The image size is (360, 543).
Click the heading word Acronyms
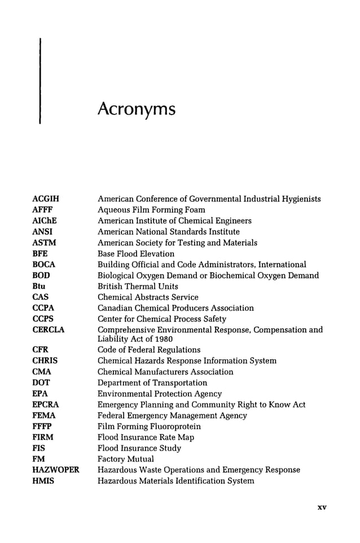pyautogui.click(x=136, y=109)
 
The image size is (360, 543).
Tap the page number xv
pyautogui.click(x=322, y=507)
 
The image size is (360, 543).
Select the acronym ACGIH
pyautogui.click(x=46, y=199)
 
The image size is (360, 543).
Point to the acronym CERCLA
pyautogui.click(x=49, y=330)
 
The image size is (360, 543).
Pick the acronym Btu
pyautogui.click(x=39, y=286)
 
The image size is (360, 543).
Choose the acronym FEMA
pyautogui.click(x=44, y=416)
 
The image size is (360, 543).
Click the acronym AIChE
pyautogui.click(x=45, y=220)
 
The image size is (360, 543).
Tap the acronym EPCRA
pyautogui.click(x=46, y=405)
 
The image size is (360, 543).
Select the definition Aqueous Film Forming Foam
pyautogui.click(x=151, y=210)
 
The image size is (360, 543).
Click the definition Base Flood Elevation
pyautogui.click(x=136, y=254)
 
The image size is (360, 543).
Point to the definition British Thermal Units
pyautogui.click(x=138, y=286)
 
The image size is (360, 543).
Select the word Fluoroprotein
pyautogui.click(x=174, y=426)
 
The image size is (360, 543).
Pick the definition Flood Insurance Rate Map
pyautogui.click(x=146, y=437)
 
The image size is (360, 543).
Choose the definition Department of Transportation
pyautogui.click(x=152, y=383)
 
